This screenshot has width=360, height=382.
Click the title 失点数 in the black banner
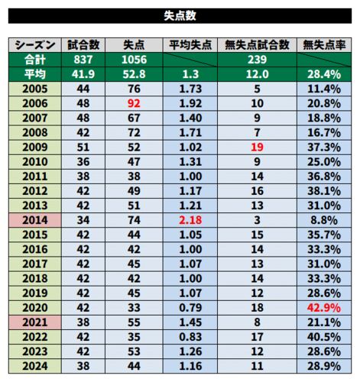[x=180, y=16]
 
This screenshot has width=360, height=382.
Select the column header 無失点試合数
[x=257, y=45]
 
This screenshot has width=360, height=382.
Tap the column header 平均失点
[x=190, y=45]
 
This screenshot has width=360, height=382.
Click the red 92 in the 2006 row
[x=134, y=103]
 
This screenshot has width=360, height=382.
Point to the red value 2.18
[x=190, y=220]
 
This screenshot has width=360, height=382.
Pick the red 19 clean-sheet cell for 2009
[x=257, y=147]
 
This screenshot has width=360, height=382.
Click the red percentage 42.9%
[x=324, y=308]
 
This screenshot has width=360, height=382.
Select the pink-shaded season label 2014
[x=35, y=220]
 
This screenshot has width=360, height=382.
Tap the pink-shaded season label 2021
[x=35, y=322]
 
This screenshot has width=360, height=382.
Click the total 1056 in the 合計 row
[x=134, y=60]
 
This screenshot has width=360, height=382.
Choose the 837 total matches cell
[x=83, y=60]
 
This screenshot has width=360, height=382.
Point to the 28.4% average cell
[x=324, y=74]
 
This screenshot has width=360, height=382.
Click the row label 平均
[x=35, y=74]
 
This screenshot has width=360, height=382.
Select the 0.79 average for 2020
[x=190, y=308]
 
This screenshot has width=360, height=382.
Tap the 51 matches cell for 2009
[x=83, y=147]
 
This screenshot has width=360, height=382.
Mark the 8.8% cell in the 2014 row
[x=324, y=220]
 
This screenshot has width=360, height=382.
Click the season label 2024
[x=35, y=366]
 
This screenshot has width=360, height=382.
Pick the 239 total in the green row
[x=257, y=60]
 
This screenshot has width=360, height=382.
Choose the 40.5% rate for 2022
[x=324, y=337]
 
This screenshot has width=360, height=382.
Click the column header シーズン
[x=35, y=45]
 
